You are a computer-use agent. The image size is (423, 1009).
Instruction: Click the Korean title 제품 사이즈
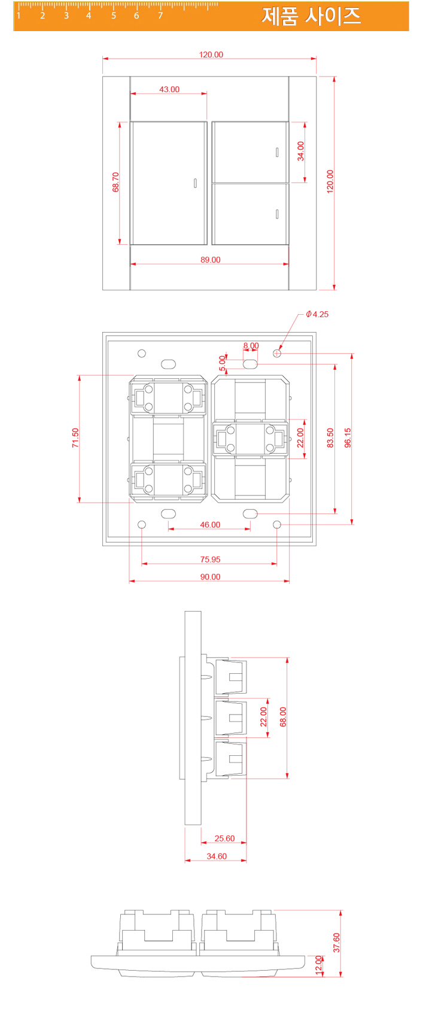[311, 16]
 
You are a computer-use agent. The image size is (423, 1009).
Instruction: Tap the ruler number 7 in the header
[160, 16]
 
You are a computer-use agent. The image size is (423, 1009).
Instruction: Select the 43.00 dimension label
[169, 89]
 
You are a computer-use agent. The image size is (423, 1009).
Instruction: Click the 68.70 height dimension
[115, 182]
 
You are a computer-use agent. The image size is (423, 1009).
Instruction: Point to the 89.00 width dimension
[210, 260]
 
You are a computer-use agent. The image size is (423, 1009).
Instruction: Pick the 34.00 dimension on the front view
[301, 151]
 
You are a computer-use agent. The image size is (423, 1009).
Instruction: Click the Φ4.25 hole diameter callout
[317, 314]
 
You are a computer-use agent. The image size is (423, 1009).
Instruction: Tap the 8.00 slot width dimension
[251, 346]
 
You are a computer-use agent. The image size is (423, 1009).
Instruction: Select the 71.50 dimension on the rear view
[75, 437]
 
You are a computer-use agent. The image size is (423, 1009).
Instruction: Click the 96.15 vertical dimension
[348, 437]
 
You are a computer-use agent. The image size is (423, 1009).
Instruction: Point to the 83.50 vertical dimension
[330, 437]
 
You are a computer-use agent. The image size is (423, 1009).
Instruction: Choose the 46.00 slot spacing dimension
[210, 525]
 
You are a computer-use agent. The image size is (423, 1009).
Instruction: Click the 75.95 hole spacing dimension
[210, 560]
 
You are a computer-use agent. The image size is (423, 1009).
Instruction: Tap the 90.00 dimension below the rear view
[210, 577]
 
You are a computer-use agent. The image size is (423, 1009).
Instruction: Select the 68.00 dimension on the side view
[283, 716]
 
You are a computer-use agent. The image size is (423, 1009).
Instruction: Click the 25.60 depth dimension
[224, 838]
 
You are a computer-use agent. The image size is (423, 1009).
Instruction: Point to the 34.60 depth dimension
[217, 856]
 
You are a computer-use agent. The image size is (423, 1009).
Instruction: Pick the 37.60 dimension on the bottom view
[336, 942]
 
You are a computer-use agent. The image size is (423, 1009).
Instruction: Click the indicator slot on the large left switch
[195, 184]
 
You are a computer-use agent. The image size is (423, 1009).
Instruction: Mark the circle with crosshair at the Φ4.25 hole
[277, 353]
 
